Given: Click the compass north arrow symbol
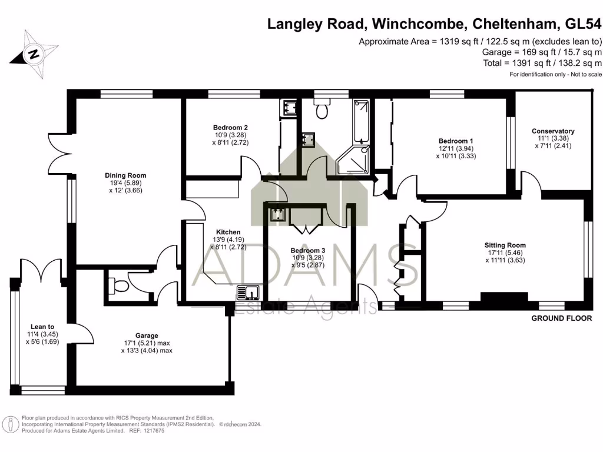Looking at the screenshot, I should pyautogui.click(x=34, y=54).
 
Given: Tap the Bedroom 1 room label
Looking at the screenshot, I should pyautogui.click(x=455, y=141).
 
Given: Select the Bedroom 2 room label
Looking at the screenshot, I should pyautogui.click(x=230, y=128).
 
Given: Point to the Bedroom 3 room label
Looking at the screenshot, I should pyautogui.click(x=307, y=250).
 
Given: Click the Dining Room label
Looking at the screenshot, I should pyautogui.click(x=125, y=175).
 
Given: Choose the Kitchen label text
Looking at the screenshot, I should pyautogui.click(x=227, y=232).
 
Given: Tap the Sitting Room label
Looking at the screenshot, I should pyautogui.click(x=505, y=245).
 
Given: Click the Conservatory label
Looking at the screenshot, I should pyautogui.click(x=552, y=131).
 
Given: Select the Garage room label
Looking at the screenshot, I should pyautogui.click(x=145, y=335).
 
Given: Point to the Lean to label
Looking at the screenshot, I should pyautogui.click(x=42, y=327).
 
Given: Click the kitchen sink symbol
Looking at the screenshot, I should pyautogui.click(x=249, y=291).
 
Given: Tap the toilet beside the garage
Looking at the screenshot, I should pyautogui.click(x=119, y=286).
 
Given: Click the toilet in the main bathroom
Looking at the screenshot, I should pyautogui.click(x=322, y=110).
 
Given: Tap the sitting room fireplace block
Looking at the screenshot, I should pyautogui.click(x=503, y=297).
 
